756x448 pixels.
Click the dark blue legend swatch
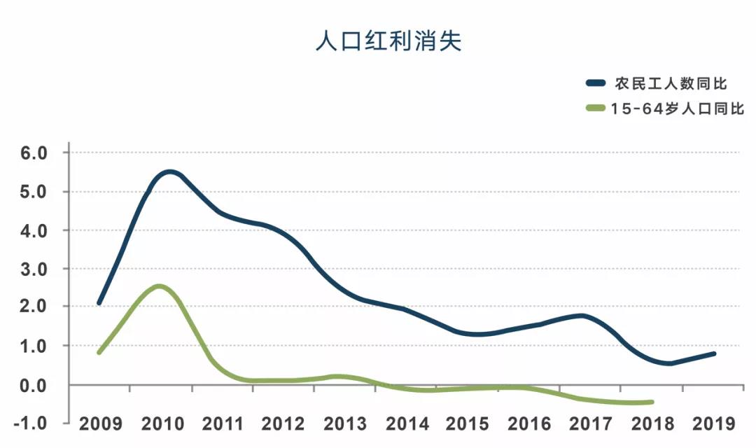coord(596,84)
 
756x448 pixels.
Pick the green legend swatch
coord(596,108)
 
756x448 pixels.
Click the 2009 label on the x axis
coord(101,424)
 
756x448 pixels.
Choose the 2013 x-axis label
coord(346,424)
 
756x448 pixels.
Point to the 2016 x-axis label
coord(529,424)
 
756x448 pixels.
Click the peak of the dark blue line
coord(169,171)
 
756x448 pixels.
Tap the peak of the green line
coord(160,286)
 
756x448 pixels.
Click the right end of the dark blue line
coord(714,353)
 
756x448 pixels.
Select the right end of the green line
coord(652,402)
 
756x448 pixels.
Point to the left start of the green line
coord(99,352)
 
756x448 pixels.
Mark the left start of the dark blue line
coord(99,303)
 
